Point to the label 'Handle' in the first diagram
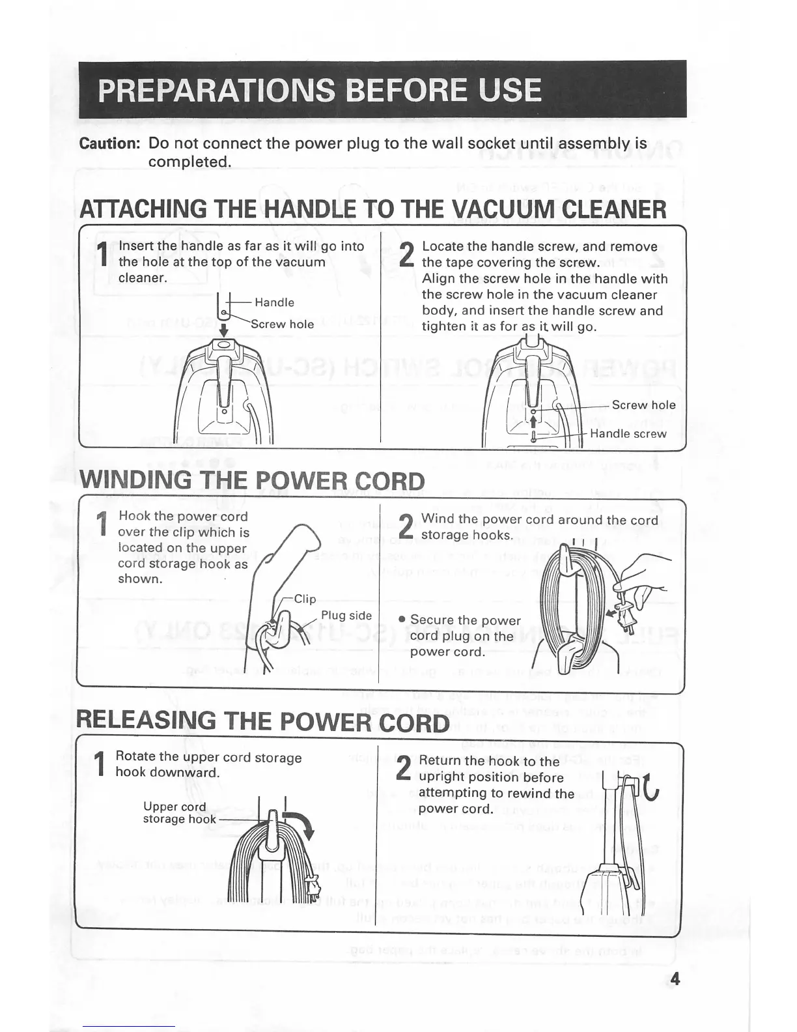tap(274, 302)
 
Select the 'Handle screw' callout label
tap(628, 434)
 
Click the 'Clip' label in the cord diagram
tap(305, 599)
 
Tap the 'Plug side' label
tap(346, 616)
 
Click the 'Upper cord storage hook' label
tap(175, 812)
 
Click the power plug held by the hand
tap(624, 619)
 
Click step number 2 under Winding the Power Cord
tap(406, 526)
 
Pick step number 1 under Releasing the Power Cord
tap(100, 764)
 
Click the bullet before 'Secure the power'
tap(402, 620)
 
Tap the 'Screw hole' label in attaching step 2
tap(643, 405)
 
